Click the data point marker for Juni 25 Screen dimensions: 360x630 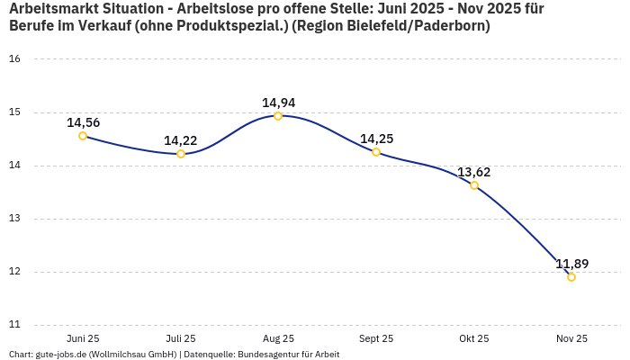pos(83,136)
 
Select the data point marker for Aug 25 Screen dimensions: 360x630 pos(278,116)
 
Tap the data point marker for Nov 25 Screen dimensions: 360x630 pos(571,277)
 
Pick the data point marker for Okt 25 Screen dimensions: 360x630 pos(474,185)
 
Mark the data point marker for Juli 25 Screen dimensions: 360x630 pos(181,154)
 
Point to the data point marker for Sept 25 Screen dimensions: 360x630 pos(376,152)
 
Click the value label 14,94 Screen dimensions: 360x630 pos(278,103)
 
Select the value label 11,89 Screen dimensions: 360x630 pos(571,264)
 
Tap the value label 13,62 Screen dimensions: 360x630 pos(474,172)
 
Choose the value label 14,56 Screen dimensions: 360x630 pos(83,122)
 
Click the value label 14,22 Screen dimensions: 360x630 pos(181,140)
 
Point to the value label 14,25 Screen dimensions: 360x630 pos(376,139)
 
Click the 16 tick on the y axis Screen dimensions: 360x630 pos(14,59)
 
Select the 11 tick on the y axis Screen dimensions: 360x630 pos(14,325)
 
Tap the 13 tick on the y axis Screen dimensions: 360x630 pos(14,219)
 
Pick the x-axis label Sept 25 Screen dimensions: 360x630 pos(376,339)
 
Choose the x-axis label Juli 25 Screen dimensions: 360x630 pos(181,339)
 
